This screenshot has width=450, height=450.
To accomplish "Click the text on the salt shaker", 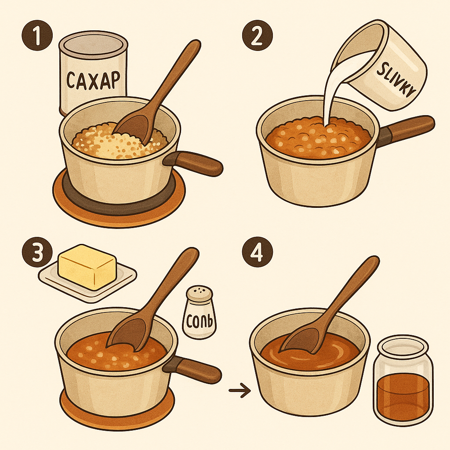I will [x=200, y=323].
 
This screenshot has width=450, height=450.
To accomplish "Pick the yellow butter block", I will [x=87, y=266].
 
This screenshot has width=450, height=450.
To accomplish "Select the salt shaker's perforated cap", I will [x=198, y=294].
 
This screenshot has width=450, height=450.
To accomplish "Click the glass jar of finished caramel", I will [x=403, y=382].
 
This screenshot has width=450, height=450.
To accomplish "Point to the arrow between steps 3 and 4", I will [x=239, y=390].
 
